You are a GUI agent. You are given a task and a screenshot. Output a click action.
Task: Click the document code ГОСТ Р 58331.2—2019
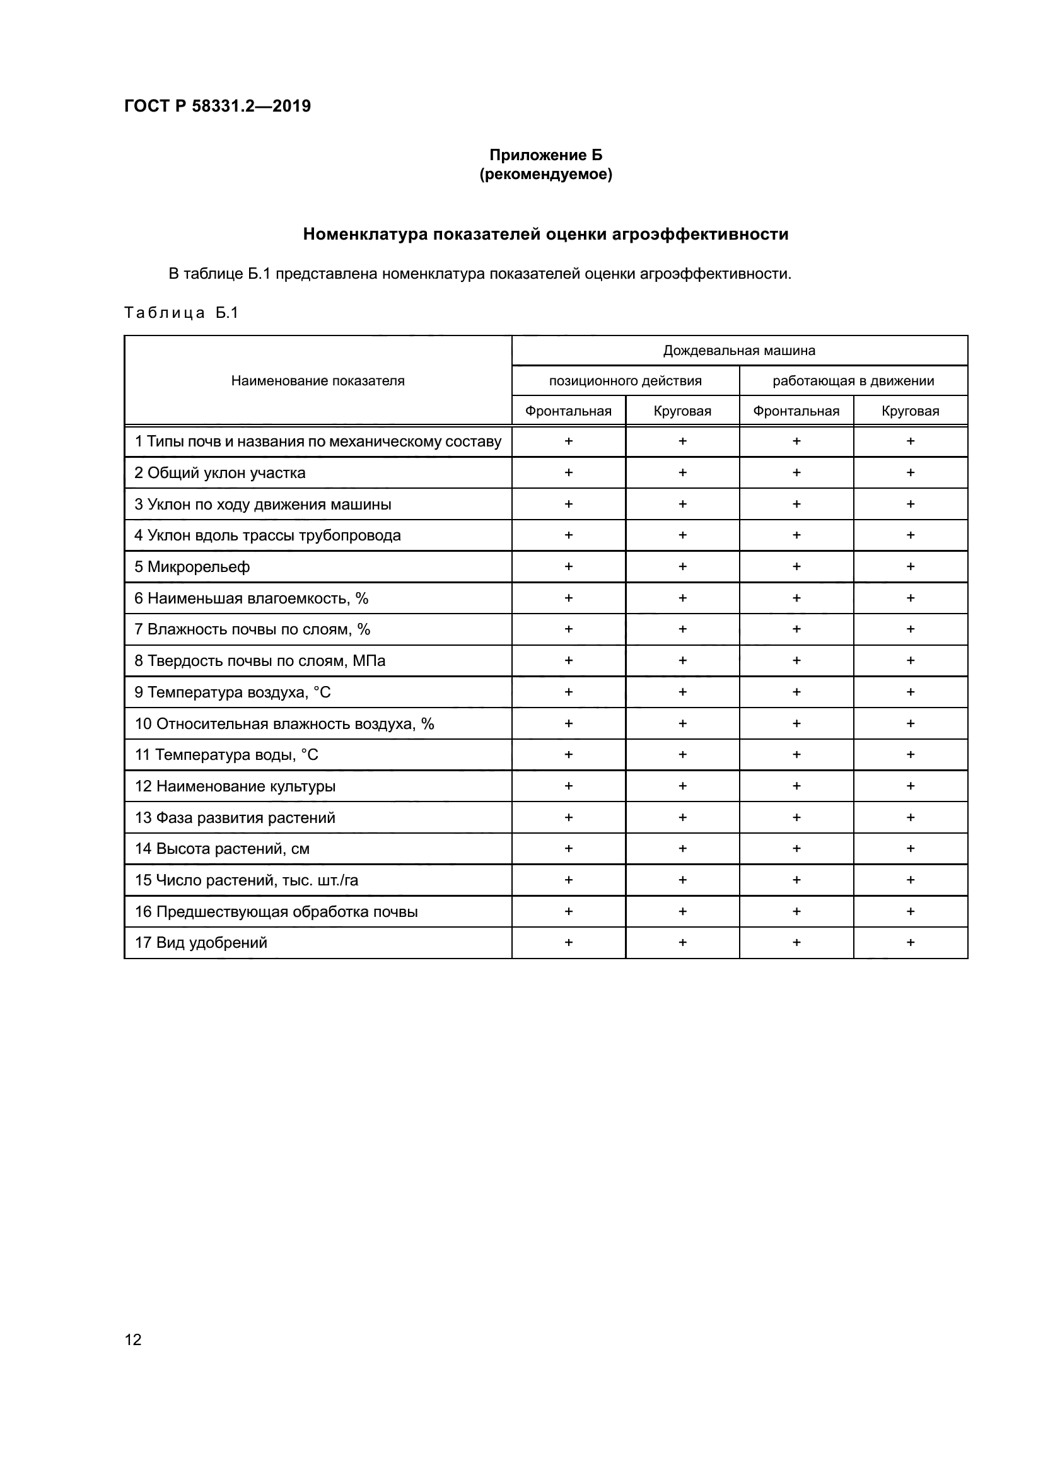[217, 106]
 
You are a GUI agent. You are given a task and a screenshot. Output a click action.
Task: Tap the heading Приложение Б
[546, 155]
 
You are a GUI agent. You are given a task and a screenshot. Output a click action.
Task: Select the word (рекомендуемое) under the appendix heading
[546, 174]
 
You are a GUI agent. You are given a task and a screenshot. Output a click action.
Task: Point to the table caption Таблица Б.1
[181, 313]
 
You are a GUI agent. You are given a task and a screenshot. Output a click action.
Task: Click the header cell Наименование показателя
[318, 381]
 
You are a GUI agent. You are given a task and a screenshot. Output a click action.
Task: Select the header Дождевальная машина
[739, 351]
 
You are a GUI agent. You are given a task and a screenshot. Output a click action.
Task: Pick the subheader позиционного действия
[625, 381]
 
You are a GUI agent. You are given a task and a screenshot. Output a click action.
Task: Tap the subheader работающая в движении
[853, 381]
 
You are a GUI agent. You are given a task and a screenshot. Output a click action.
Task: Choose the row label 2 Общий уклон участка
[219, 473]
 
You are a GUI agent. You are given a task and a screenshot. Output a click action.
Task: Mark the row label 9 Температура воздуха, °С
[233, 692]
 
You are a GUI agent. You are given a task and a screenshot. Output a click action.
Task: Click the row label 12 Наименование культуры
[235, 786]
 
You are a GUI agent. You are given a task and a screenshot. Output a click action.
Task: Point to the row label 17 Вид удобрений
[201, 942]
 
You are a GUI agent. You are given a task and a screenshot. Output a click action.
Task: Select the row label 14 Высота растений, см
[222, 849]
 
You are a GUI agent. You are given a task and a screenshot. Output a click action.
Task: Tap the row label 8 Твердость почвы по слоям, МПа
[259, 660]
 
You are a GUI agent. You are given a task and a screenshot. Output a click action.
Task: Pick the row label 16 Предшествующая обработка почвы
[276, 912]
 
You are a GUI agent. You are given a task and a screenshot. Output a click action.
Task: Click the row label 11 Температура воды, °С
[226, 755]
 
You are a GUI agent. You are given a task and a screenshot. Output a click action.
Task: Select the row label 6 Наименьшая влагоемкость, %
[251, 598]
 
